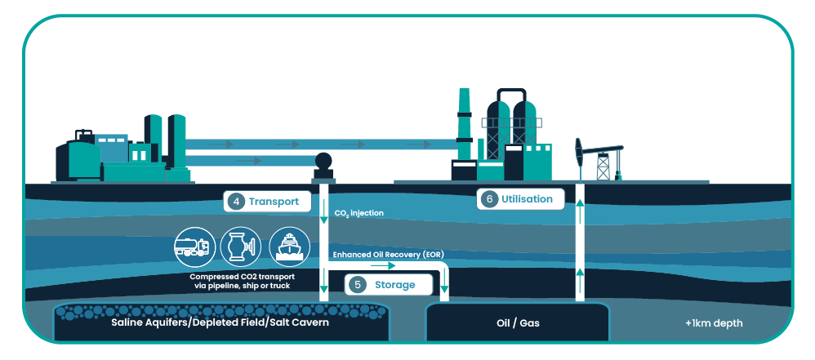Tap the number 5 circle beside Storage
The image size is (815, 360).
(358, 285)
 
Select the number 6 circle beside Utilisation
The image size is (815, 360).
(489, 199)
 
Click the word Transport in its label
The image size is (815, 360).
(274, 202)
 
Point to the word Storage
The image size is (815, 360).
(394, 285)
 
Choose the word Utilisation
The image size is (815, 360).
(528, 199)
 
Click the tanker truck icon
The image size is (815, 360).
(192, 246)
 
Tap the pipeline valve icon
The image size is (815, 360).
(240, 246)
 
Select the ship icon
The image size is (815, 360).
(289, 246)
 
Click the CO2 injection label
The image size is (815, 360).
(358, 214)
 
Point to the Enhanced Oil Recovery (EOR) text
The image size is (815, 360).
(388, 255)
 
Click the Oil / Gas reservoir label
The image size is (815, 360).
(518, 323)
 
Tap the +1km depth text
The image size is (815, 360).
(714, 323)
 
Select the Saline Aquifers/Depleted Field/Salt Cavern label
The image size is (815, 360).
(220, 323)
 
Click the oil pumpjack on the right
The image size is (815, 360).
(600, 159)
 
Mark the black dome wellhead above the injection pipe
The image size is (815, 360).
(323, 162)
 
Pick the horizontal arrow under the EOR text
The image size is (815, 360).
(384, 266)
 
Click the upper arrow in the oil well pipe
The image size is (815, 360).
(581, 215)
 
